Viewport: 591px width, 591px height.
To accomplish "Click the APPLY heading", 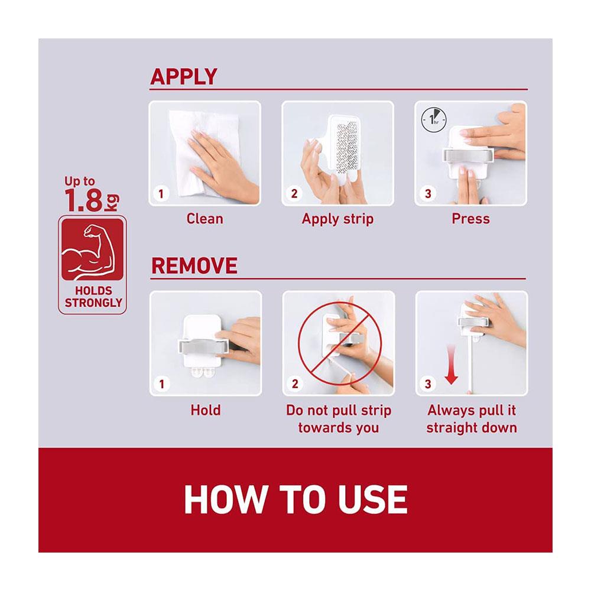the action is pos(184,76).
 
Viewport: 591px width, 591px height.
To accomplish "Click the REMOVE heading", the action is pos(194,266).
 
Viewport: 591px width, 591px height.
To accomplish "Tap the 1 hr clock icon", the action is pos(434,120).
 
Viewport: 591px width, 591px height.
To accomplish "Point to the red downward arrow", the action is pos(451,364).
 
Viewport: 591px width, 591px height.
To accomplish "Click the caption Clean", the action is pos(204,219).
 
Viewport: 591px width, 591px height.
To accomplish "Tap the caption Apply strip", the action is pos(337,219).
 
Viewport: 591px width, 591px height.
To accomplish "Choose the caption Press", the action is pos(471,219).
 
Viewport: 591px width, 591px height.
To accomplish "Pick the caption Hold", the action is pos(206,410).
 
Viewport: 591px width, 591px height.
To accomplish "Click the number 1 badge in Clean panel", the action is pos(161,194).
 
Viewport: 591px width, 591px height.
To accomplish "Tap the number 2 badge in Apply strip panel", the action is pos(294,194).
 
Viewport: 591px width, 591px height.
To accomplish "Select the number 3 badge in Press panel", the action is pos(427,194).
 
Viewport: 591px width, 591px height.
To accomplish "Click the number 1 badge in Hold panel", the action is pos(161,384).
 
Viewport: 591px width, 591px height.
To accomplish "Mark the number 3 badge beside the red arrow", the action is pos(428,384).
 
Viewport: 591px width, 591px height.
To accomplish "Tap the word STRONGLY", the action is pos(93,303).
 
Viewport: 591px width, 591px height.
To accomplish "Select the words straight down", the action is pos(472,428).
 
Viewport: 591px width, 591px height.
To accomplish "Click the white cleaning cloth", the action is pos(203,152).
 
